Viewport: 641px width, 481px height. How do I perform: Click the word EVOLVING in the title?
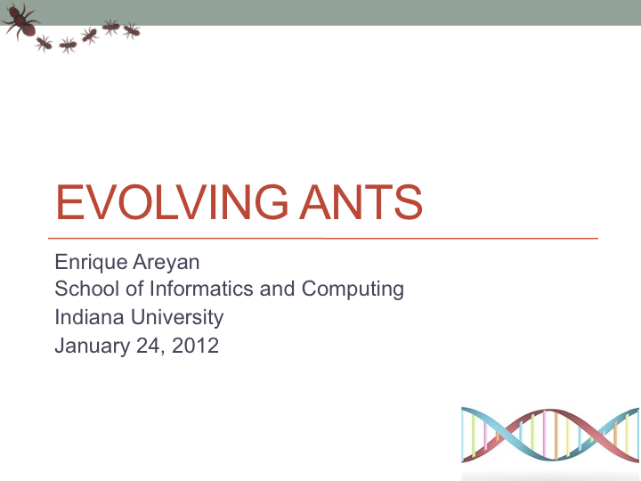point(172,202)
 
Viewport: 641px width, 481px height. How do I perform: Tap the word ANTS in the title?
point(361,202)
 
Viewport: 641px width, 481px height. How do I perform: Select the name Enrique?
point(91,263)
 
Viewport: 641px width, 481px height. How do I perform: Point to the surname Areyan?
point(166,263)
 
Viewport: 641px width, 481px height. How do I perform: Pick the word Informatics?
point(201,289)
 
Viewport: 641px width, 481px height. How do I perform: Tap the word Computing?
point(353,289)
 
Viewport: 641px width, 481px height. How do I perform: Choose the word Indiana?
point(90,317)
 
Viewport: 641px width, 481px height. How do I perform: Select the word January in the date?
point(93,346)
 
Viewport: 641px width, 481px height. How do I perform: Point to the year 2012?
point(195,346)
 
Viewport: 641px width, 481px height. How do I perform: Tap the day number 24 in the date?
point(150,346)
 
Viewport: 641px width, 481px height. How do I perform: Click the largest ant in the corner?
point(20,21)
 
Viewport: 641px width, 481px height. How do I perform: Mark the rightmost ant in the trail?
point(132,30)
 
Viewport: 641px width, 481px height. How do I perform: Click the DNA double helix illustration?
point(550,435)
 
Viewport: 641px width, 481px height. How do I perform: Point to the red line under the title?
point(323,238)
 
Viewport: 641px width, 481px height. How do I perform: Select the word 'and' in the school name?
point(277,289)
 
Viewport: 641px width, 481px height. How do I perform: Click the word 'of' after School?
point(134,289)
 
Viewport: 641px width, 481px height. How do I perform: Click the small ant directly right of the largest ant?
point(44,43)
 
